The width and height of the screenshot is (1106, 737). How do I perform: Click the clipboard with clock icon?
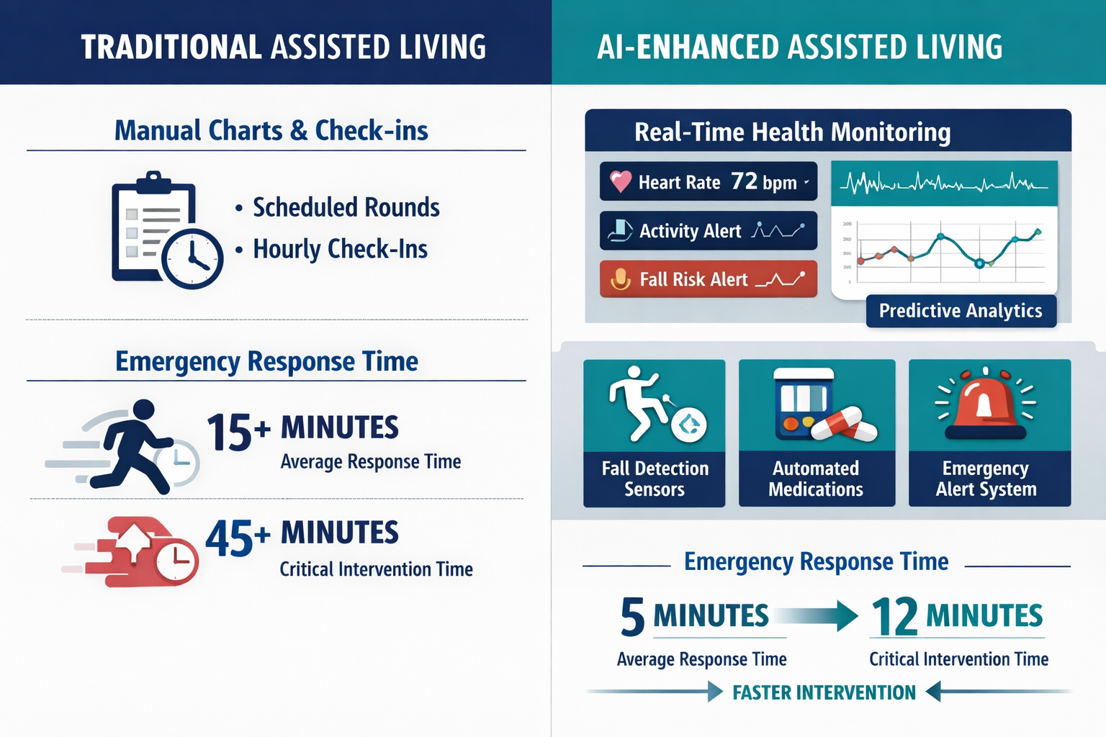[x=166, y=230]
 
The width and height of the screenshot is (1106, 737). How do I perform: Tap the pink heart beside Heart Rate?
[x=620, y=181]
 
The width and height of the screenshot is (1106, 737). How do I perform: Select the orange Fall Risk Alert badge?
[x=708, y=279]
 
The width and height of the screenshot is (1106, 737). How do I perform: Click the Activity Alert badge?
[x=708, y=230]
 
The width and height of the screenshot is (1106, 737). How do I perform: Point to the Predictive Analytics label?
[x=961, y=311]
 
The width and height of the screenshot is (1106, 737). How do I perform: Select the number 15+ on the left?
[x=238, y=433]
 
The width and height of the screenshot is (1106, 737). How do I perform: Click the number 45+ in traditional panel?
[x=237, y=538]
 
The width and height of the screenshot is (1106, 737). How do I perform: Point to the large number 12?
[x=894, y=617]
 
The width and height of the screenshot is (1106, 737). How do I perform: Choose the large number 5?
[x=632, y=617]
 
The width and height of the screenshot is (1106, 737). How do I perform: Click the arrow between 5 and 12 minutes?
[x=817, y=616]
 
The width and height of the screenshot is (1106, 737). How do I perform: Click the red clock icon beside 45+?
[x=176, y=560]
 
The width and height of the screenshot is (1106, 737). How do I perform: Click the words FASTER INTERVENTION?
[x=824, y=692]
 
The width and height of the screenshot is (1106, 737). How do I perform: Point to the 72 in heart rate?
[x=744, y=181]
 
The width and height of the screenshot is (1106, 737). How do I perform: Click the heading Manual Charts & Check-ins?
[x=271, y=130]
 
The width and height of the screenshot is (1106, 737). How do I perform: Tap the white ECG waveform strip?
[x=944, y=184]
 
